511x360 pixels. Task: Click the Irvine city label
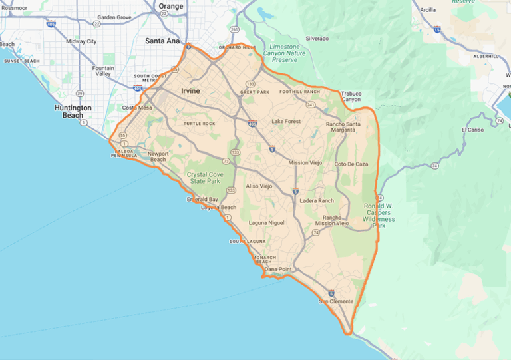190,90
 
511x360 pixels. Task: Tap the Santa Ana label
162,41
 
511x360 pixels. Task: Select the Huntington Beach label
69,110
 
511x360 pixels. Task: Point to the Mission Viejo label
305,162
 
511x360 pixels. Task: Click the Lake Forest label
286,122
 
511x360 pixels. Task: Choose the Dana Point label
278,269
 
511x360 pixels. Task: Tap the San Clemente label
336,302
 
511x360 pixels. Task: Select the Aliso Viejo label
259,186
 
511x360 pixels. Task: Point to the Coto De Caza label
351,164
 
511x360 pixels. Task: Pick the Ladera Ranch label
317,200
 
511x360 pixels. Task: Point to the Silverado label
317,39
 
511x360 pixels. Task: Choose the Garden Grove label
114,17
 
